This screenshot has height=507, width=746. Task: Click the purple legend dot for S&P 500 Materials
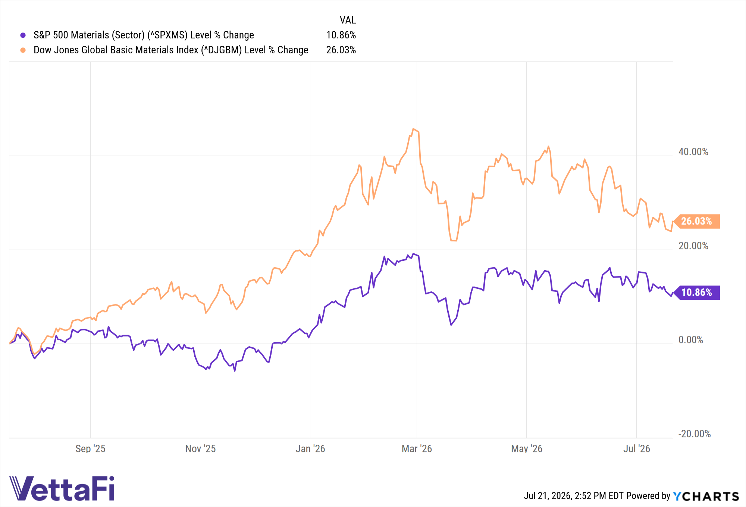[x=23, y=35]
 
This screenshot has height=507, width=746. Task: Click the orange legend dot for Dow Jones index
[x=23, y=50]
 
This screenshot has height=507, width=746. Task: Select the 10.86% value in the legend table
[x=341, y=35]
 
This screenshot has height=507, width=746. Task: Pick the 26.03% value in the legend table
[x=341, y=50]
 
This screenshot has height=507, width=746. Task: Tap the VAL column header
[x=348, y=20]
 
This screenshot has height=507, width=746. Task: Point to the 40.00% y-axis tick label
[x=693, y=152]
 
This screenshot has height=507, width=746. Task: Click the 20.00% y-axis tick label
[x=693, y=246]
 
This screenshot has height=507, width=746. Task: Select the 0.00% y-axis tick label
[x=690, y=340]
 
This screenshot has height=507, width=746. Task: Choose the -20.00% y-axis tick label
[x=694, y=434]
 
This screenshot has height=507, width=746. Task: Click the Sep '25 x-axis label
[x=90, y=449]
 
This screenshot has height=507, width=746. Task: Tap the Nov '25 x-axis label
[x=200, y=449]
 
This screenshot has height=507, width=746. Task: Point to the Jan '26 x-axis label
[x=310, y=449]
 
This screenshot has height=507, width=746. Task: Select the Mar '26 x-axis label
[x=417, y=449]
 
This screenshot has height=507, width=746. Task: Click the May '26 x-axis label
[x=527, y=449]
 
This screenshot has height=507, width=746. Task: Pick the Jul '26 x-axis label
[x=637, y=449]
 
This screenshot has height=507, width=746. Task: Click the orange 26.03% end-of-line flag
[x=696, y=221]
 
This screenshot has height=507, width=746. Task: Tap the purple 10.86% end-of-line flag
[x=696, y=293]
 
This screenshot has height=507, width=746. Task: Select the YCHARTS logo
[x=706, y=496]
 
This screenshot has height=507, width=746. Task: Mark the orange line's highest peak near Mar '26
[x=413, y=129]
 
